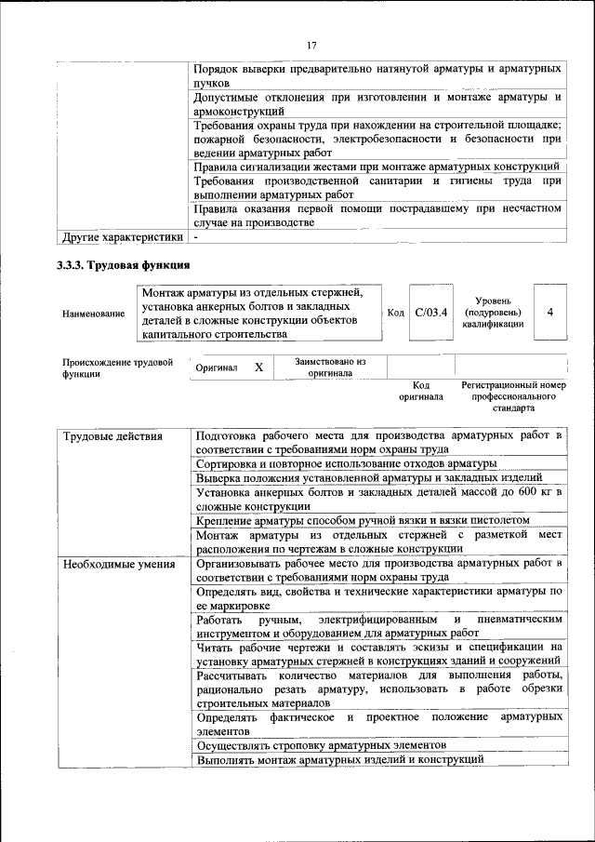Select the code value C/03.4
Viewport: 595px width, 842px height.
click(430, 312)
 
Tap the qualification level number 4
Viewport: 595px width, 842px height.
click(550, 312)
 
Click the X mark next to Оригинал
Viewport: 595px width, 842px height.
click(258, 368)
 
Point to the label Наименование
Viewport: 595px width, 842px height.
click(93, 314)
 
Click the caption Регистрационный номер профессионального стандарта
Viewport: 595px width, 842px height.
click(512, 396)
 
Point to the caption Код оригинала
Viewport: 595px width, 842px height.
click(421, 391)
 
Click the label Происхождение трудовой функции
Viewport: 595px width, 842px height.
click(117, 368)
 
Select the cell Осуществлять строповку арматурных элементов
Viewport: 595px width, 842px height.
click(322, 746)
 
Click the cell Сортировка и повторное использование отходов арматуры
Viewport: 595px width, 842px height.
click(346, 463)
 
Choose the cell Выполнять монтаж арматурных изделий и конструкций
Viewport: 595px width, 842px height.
click(340, 760)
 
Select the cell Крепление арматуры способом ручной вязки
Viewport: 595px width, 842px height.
click(364, 520)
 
